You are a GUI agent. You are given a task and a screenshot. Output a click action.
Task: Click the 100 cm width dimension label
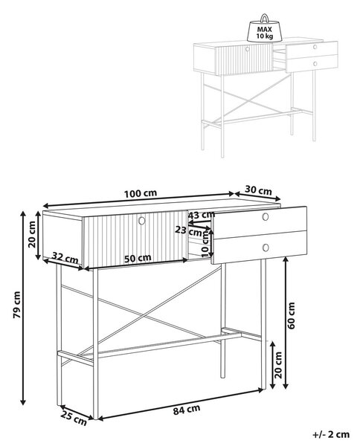[x=141, y=193]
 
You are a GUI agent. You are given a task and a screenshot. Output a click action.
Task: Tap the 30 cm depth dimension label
[x=258, y=190]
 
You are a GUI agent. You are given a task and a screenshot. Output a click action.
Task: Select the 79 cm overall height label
[x=17, y=305]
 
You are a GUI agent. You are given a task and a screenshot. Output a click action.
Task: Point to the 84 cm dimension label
[x=187, y=410]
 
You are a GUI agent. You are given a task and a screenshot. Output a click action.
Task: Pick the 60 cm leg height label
[x=291, y=316]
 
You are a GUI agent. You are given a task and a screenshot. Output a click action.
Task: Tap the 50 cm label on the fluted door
[x=138, y=258]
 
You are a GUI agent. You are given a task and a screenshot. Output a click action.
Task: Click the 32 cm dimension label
[x=65, y=258]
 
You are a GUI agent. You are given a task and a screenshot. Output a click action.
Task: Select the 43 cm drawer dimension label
[x=202, y=215]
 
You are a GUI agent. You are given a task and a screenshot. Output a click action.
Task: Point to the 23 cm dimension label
[x=188, y=230]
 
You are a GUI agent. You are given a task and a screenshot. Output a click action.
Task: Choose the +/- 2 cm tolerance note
[x=331, y=434]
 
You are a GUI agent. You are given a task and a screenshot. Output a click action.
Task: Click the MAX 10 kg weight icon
[x=265, y=28]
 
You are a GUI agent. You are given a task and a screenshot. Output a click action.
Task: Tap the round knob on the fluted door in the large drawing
[x=141, y=221]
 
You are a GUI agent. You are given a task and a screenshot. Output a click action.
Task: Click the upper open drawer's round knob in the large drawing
[x=266, y=217]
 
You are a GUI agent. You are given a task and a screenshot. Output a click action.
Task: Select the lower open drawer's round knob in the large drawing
[x=266, y=248]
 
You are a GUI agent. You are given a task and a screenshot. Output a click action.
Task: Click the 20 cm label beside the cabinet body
[x=33, y=234]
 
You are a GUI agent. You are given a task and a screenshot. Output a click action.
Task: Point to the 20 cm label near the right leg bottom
[x=277, y=365]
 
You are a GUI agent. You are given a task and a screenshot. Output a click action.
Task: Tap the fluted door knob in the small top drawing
[x=247, y=49]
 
